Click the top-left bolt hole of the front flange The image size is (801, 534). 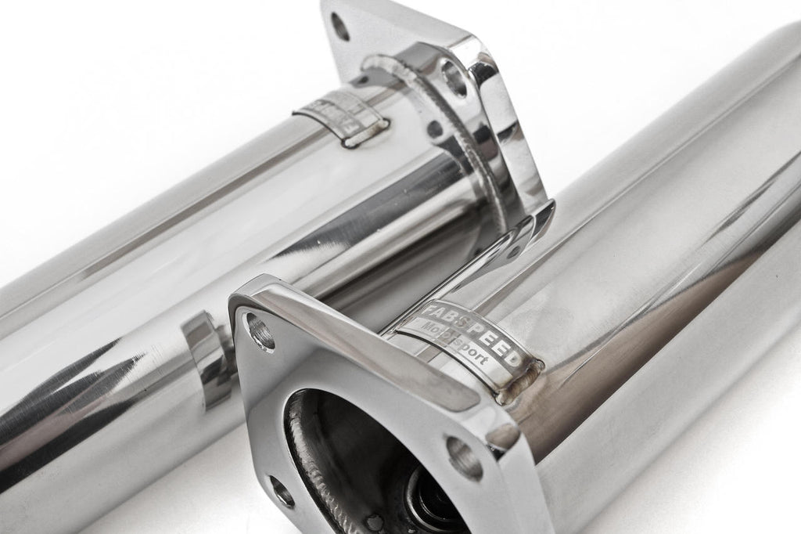260,330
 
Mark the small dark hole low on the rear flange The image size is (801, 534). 433,129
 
